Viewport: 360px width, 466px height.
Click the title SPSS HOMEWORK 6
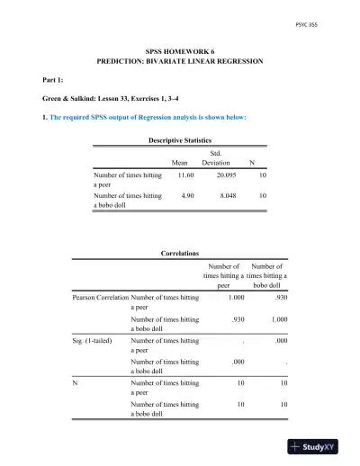coord(180,54)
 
